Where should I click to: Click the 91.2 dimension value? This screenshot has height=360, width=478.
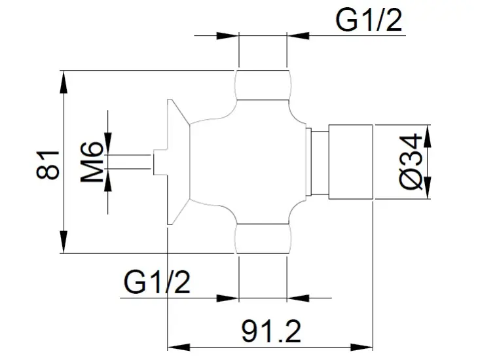(271, 331)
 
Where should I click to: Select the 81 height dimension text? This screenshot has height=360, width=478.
(48, 164)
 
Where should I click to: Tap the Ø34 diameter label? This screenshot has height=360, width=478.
(411, 162)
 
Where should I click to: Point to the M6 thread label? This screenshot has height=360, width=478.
(92, 162)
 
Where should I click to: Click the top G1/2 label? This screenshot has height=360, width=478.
(369, 20)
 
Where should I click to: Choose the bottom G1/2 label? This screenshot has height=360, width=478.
(157, 282)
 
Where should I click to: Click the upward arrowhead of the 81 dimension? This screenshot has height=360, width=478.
(64, 82)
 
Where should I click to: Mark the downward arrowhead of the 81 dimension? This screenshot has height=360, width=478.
(64, 242)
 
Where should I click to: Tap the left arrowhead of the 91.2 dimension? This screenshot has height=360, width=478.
(179, 347)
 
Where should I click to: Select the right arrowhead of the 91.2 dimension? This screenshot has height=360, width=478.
(362, 347)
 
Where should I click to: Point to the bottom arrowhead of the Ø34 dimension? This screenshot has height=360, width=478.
(428, 188)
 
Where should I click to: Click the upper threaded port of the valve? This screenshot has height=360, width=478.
(263, 85)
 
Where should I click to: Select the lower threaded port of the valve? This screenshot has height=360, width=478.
(263, 239)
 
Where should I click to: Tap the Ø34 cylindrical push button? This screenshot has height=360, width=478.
(351, 162)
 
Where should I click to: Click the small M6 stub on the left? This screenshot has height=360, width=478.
(160, 162)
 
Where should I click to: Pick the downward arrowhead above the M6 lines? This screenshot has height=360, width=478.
(107, 143)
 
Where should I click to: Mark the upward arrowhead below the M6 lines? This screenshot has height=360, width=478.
(107, 180)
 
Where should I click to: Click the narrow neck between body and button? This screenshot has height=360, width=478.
(319, 162)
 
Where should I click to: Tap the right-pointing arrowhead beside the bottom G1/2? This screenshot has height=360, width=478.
(227, 298)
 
